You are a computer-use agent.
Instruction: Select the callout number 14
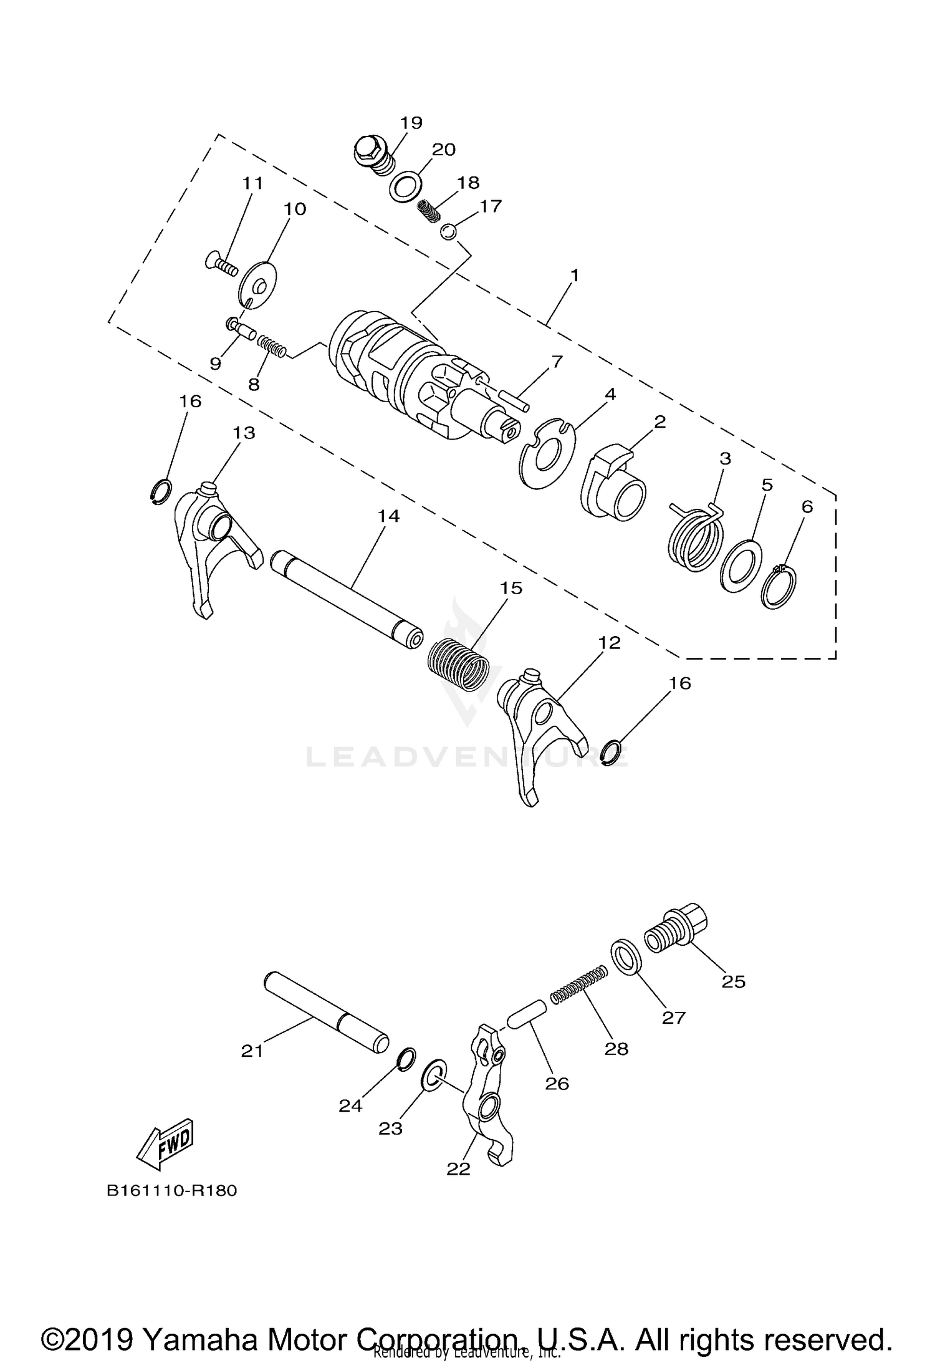(x=388, y=516)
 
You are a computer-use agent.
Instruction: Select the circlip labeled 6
(x=779, y=586)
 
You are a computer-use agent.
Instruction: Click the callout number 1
(x=575, y=275)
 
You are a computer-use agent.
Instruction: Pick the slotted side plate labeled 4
(x=547, y=454)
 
